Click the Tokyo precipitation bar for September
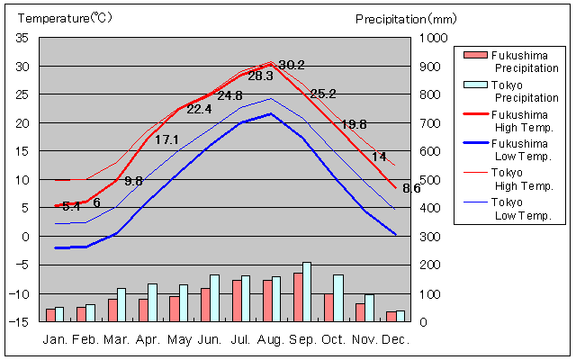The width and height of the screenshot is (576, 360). point(307,292)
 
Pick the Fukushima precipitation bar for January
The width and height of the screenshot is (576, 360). point(50,315)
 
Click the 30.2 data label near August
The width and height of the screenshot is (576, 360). point(292,65)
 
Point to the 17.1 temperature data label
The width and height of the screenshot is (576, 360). point(167,139)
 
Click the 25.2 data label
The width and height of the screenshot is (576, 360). point(322,94)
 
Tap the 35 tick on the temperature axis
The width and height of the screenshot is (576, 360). point(22,38)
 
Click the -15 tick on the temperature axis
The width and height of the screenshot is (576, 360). point(21,322)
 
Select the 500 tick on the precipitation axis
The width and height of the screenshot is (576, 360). point(430,180)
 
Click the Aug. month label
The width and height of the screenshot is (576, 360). point(273,340)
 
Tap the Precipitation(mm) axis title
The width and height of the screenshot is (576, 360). point(406,18)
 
